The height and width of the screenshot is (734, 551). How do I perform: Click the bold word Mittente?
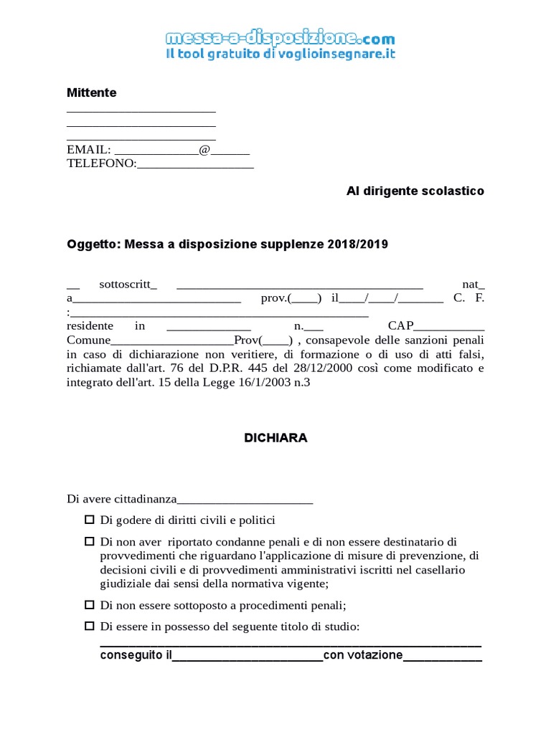[91, 92]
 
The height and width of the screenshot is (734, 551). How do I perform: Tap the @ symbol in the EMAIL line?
[204, 150]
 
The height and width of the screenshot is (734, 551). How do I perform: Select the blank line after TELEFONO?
[195, 163]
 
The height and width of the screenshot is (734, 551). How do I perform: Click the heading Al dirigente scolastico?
[415, 191]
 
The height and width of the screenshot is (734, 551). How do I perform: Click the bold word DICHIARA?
[275, 438]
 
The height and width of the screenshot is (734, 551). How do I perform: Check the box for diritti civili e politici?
[90, 520]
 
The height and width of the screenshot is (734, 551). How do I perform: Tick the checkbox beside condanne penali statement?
[90, 541]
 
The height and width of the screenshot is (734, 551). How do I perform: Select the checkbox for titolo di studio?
[90, 626]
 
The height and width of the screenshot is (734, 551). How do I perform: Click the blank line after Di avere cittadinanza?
[245, 500]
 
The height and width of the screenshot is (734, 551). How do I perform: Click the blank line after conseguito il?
[248, 655]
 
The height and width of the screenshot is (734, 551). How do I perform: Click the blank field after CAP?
[448, 325]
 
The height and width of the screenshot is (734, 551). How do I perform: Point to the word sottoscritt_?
[128, 284]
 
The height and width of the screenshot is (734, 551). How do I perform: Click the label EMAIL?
[88, 150]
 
